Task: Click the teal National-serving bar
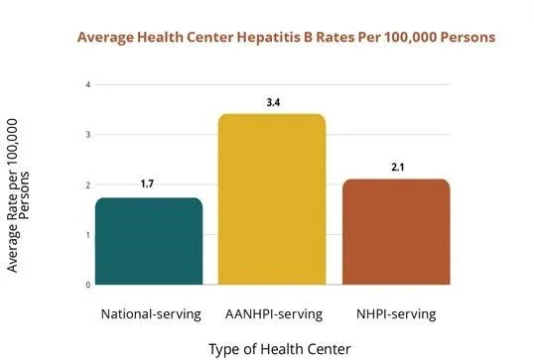[149, 241]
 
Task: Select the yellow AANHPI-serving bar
[272, 199]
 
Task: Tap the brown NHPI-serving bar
[396, 232]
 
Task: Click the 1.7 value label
[147, 184]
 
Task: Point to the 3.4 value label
[273, 102]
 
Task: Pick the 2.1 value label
[398, 168]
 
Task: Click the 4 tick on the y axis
[88, 84]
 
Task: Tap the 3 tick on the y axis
[88, 135]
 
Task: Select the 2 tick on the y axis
[88, 185]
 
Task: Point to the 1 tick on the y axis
[88, 235]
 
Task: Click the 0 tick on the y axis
[88, 286]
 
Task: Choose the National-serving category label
[151, 314]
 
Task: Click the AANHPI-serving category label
[274, 314]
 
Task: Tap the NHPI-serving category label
[396, 314]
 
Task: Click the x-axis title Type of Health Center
[280, 349]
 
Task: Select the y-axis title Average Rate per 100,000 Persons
[18, 195]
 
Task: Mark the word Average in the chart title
[105, 38]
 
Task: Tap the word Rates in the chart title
[335, 37]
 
